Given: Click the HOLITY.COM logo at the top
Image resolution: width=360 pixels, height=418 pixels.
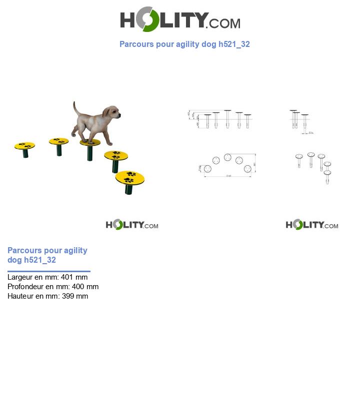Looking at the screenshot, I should (x=180, y=19).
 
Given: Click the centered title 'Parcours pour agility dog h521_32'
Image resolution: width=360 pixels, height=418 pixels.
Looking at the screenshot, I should (x=184, y=44).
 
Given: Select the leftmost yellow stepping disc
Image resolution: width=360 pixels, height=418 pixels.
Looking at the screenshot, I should (x=24, y=146).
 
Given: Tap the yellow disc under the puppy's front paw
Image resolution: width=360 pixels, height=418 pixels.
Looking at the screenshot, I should (x=90, y=143).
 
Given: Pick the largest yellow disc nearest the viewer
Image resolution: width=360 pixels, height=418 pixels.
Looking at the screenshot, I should (x=130, y=177).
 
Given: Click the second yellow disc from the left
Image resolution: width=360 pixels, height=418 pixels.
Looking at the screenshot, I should (x=59, y=141).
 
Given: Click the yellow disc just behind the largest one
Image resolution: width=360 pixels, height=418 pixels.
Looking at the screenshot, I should (x=116, y=155).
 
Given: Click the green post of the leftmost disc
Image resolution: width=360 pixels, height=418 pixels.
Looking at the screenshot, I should (x=25, y=153).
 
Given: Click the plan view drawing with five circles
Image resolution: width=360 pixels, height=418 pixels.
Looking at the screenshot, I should (x=228, y=164).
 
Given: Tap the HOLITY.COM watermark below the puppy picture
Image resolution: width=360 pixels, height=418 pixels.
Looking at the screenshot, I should (x=132, y=225).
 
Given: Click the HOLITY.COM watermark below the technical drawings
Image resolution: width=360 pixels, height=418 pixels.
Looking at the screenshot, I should (x=312, y=225).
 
